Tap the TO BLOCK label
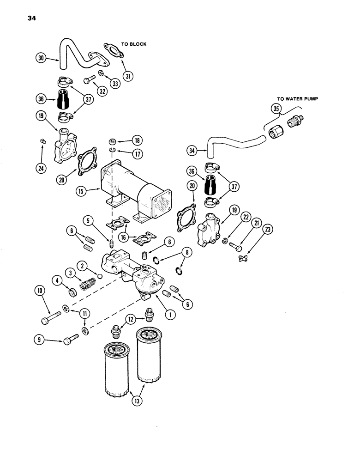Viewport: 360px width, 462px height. (x=134, y=44)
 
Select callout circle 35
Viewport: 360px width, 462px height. (x=276, y=109)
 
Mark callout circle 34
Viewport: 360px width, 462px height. (x=193, y=149)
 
